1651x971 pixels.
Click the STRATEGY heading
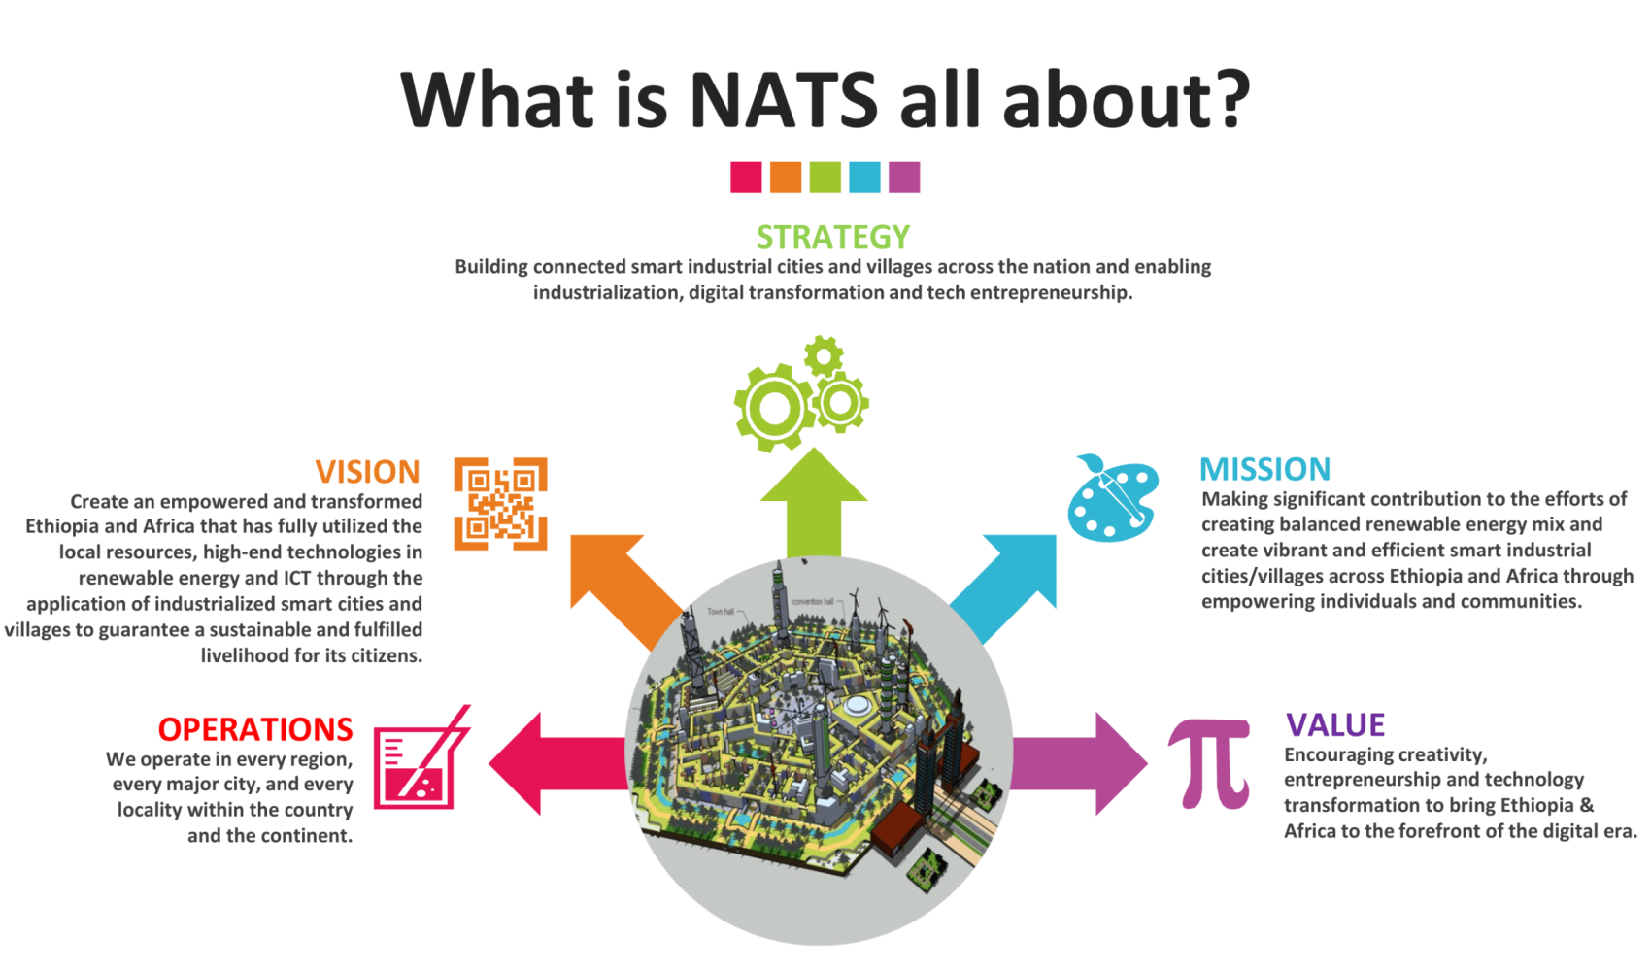pos(833,237)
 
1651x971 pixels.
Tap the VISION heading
pos(367,472)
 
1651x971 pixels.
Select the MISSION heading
pos(1264,469)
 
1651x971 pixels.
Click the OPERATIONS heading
pos(255,729)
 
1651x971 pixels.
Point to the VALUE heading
pos(1334,725)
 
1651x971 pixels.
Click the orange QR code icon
pos(500,504)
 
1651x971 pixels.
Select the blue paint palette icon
pos(1113,499)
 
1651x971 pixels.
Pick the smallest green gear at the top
pos(824,356)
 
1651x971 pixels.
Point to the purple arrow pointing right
pos(1079,764)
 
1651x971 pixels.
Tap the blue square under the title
pos(864,178)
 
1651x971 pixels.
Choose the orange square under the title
pos(786,178)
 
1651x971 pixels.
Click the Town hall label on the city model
pos(720,612)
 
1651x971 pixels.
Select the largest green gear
pos(774,408)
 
